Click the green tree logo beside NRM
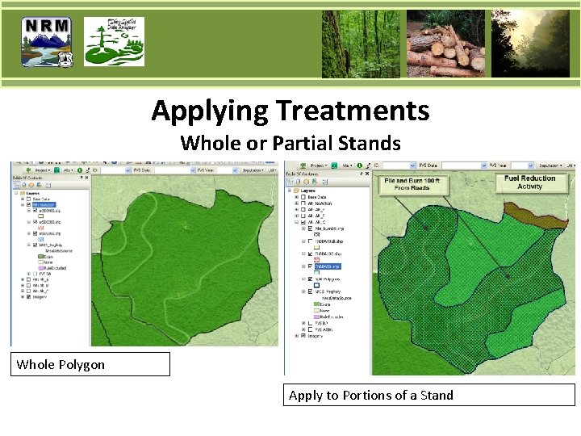pyautogui.click(x=115, y=43)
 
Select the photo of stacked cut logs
pyautogui.click(x=445, y=44)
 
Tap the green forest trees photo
pyautogui.click(x=360, y=44)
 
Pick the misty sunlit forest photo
pyautogui.click(x=530, y=44)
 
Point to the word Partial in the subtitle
pyautogui.click(x=301, y=143)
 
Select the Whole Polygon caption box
pyautogui.click(x=90, y=364)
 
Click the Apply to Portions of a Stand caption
pyautogui.click(x=429, y=395)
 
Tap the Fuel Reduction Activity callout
pyautogui.click(x=530, y=182)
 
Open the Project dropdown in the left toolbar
pyautogui.click(x=40, y=170)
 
